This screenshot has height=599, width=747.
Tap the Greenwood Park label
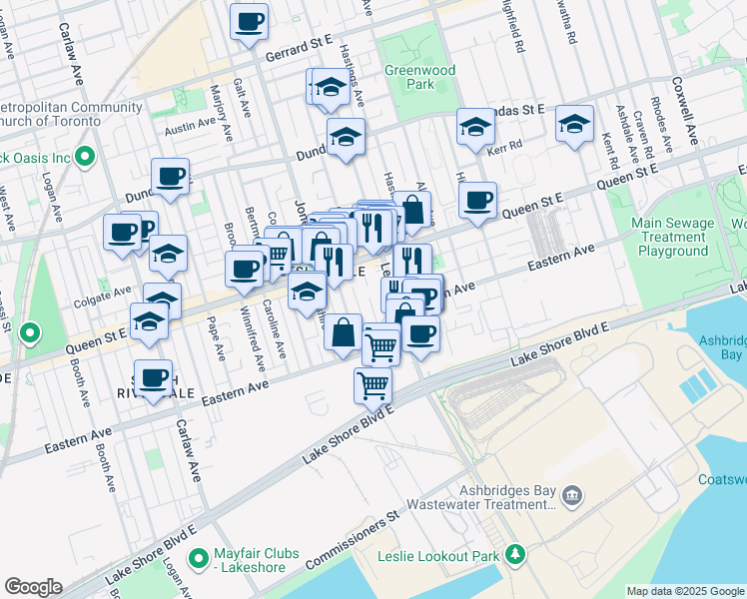pos(419,78)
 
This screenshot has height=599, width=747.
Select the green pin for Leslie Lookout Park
pos(515,553)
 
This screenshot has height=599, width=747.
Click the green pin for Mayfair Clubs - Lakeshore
pos(198,556)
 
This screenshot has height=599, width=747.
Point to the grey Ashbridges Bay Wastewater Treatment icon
pos(572,493)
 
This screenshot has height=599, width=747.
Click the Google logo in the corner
pos(33,587)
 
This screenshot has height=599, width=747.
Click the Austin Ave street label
pos(191,126)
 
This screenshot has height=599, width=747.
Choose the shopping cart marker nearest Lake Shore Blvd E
pos(373,384)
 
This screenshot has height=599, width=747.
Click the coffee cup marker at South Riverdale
pos(154,379)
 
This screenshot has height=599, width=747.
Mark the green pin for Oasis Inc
pos(86,157)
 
